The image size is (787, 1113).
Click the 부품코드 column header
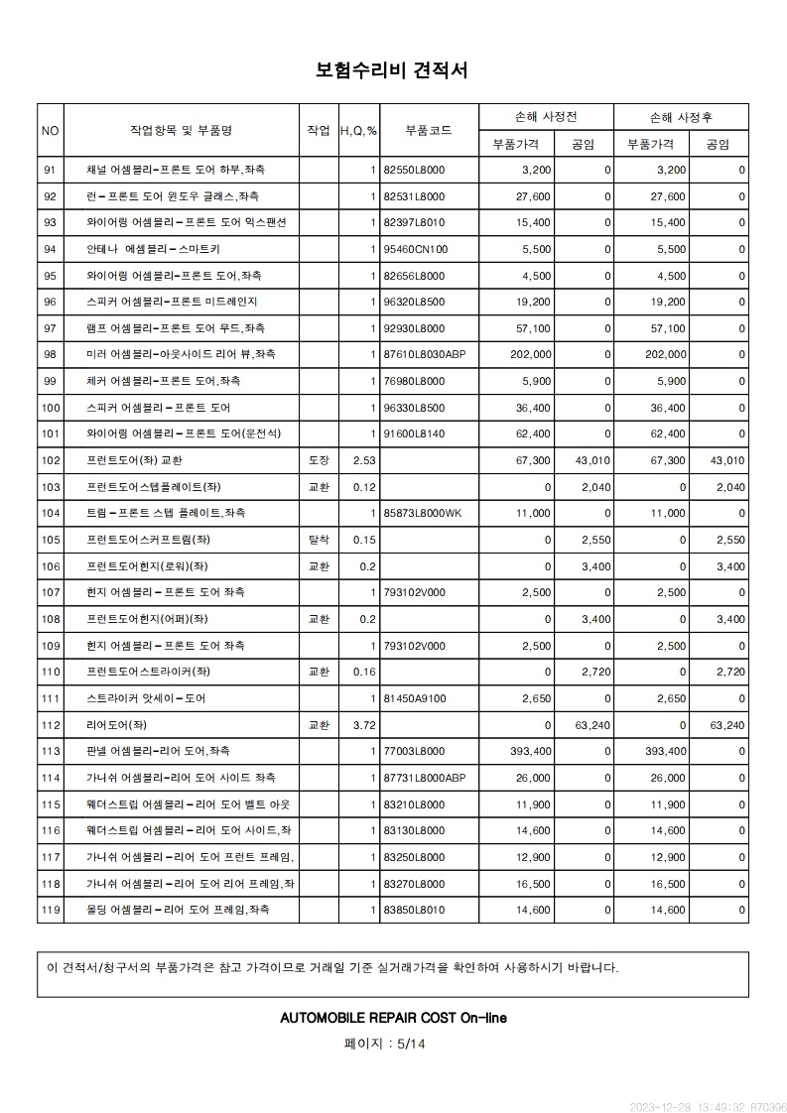[x=429, y=130]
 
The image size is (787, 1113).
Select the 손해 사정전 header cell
[x=546, y=117]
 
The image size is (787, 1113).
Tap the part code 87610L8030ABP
[x=424, y=354]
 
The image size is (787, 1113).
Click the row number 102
[x=51, y=460]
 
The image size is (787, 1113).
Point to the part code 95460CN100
[x=416, y=249]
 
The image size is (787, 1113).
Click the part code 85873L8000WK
[x=423, y=513]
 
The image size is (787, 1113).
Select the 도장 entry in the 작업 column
[x=319, y=460]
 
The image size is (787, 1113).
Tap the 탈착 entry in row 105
[x=319, y=540]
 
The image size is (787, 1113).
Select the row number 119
[x=51, y=910]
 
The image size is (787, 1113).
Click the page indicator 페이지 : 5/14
[x=384, y=1044]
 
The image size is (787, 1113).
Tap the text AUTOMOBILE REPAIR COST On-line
[x=394, y=1018]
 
